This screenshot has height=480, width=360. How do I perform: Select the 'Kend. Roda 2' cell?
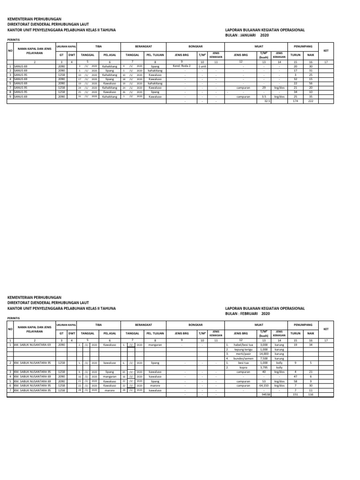pos(181,66)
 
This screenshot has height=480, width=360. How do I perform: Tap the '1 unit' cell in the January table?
pos(202,66)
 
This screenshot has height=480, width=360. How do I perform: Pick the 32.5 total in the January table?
pos(267,101)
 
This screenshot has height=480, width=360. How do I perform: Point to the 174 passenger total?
pos(295,101)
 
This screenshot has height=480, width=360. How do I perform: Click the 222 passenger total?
pos(310,101)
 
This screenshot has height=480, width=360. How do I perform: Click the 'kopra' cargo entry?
pos(243,367)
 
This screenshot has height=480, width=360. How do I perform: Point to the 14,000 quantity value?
pos(263,354)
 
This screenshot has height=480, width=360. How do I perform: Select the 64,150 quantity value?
pos(263,385)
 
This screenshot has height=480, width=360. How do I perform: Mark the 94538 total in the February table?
pos(266,394)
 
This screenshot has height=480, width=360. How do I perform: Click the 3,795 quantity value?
pos(264,367)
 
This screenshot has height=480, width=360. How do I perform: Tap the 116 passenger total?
pos(310,394)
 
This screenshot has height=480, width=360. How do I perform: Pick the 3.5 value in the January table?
pos(264,97)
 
